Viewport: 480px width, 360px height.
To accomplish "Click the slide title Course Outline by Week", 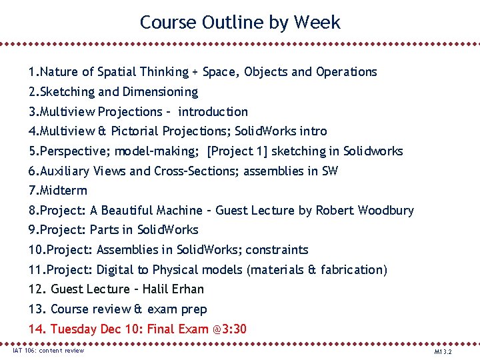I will pyautogui.click(x=240, y=22).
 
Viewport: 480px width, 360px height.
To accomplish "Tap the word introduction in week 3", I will pyautogui.click(x=213, y=112).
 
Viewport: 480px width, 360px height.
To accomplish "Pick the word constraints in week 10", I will pyautogui.click(x=277, y=250).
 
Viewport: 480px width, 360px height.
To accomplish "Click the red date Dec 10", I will pyautogui.click(x=121, y=329).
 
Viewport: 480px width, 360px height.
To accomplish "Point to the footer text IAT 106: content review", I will pyautogui.click(x=49, y=351).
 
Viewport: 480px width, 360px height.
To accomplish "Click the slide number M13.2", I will pyautogui.click(x=443, y=351).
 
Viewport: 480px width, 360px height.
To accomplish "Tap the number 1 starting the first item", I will pyautogui.click(x=31, y=72).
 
